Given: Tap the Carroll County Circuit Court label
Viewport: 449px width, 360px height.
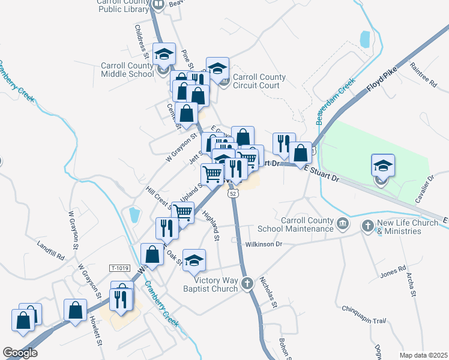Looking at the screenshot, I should click(x=259, y=81).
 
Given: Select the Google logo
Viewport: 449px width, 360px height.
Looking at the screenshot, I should click(x=20, y=353).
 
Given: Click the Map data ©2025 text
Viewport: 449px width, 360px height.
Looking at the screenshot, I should click(x=423, y=355).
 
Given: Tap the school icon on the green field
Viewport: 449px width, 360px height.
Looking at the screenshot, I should click(x=383, y=165).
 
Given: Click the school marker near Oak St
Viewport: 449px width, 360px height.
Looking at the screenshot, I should click(x=194, y=260).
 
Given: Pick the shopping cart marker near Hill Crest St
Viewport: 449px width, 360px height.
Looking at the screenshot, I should click(x=184, y=212).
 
